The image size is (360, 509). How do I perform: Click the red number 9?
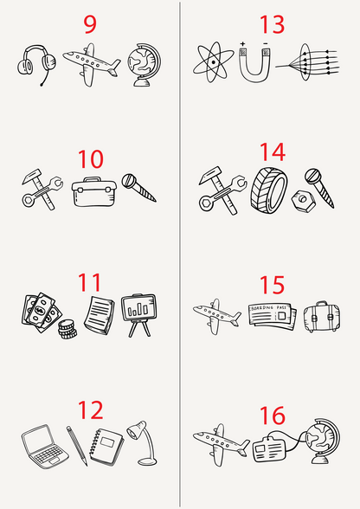90,24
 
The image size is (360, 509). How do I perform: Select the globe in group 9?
144,65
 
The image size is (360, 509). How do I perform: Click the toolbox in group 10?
93,192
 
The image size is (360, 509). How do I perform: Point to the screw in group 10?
139,188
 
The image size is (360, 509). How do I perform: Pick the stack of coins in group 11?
67,329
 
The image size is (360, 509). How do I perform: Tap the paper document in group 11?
100,315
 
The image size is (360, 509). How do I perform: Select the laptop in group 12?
44,447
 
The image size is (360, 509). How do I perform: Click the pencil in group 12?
77,446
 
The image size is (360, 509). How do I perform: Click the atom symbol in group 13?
213,62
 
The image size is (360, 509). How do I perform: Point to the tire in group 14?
269,190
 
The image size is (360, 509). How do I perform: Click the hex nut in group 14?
303,201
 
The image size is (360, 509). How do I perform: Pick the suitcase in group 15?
322,317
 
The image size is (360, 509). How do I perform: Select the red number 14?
273,152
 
